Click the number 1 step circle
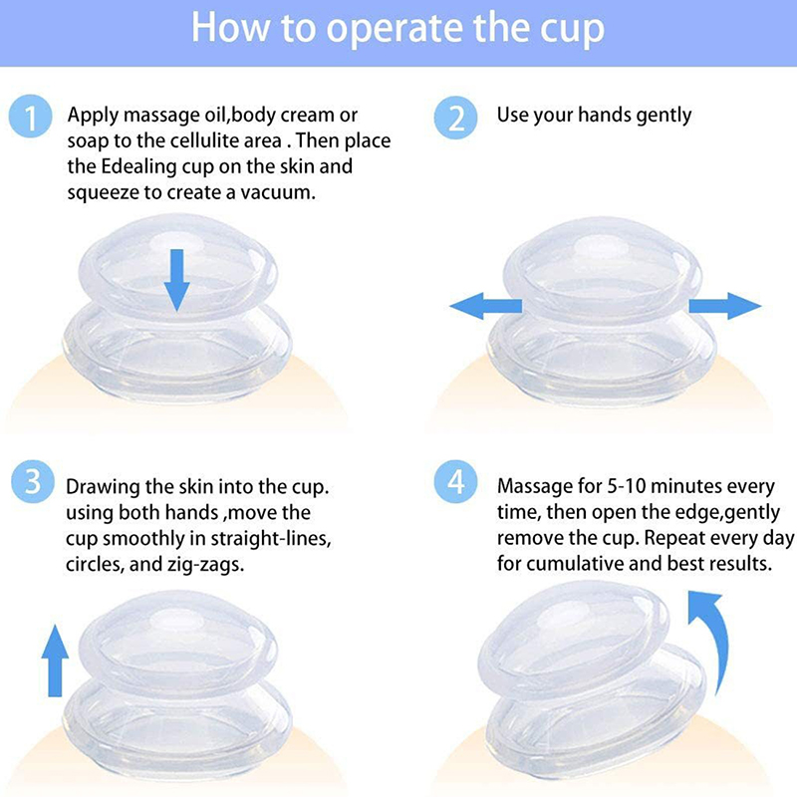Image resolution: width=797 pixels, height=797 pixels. click(31, 116)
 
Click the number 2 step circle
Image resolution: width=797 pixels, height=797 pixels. click(455, 118)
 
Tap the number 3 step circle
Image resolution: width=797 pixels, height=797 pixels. click(33, 481)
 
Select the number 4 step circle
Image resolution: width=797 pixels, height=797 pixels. click(455, 481)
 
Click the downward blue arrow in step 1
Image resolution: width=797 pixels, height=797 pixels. click(176, 280)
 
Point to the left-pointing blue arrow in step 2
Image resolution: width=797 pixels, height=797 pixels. click(486, 306)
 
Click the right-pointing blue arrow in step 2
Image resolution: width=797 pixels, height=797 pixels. click(725, 306)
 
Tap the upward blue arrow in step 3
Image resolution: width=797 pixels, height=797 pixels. click(55, 661)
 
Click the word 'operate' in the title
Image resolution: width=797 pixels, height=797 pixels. click(395, 29)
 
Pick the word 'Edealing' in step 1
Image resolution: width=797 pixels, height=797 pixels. click(138, 167)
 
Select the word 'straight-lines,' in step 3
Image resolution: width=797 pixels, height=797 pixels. click(271, 539)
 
